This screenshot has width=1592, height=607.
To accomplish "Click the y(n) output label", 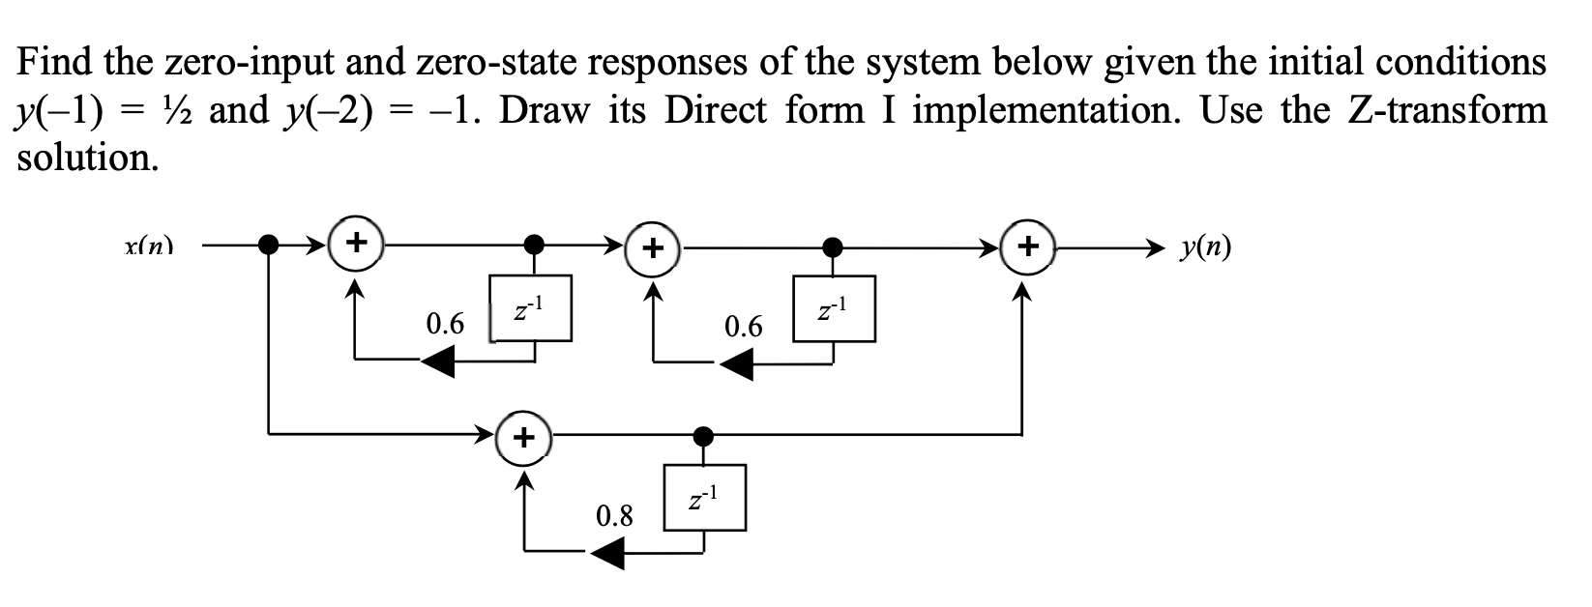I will [1206, 248].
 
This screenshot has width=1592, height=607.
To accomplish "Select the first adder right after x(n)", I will [357, 242].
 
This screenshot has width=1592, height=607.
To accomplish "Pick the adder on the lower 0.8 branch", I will [524, 438].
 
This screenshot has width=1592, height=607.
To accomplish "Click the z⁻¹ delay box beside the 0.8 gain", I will [704, 497].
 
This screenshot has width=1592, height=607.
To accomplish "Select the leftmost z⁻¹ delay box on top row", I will [531, 307].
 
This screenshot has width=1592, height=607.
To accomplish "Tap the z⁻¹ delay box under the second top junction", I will [834, 308].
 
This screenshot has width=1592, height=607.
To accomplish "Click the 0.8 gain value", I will [614, 515].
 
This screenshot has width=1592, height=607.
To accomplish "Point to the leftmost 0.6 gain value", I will [445, 323].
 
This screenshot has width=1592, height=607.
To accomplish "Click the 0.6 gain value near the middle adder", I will [743, 327].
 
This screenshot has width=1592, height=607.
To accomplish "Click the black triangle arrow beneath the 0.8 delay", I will [608, 554].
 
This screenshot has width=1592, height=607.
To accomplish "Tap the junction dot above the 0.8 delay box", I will [704, 435].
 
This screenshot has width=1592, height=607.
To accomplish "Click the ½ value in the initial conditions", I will [172, 110].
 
